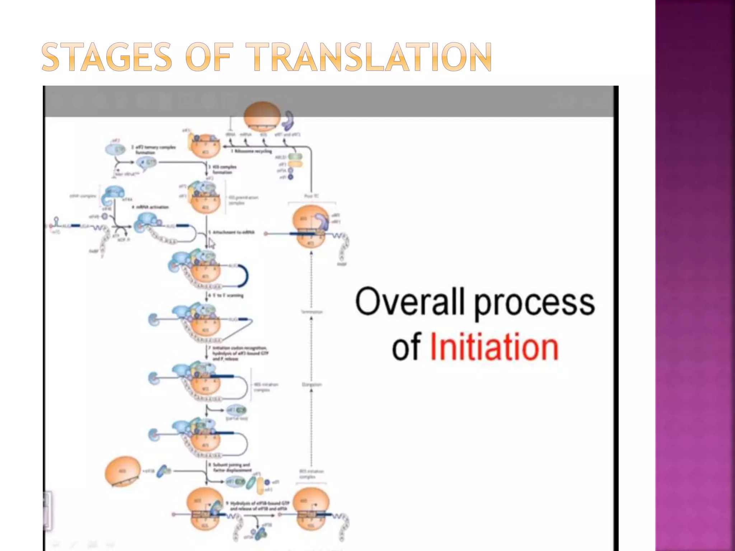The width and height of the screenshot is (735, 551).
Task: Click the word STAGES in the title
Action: pyautogui.click(x=107, y=57)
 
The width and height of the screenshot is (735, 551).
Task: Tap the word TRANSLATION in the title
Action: pyautogui.click(x=370, y=57)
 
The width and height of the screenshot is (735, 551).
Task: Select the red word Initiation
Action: pyautogui.click(x=494, y=347)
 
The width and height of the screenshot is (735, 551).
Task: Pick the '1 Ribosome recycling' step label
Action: pyautogui.click(x=251, y=151)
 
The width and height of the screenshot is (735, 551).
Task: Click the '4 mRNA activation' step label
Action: pyautogui.click(x=150, y=207)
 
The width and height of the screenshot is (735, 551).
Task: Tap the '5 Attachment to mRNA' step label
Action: pyautogui.click(x=233, y=232)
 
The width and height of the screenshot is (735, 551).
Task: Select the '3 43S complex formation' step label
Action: pyautogui.click(x=223, y=169)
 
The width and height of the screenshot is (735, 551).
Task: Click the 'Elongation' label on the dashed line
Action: pyautogui.click(x=312, y=385)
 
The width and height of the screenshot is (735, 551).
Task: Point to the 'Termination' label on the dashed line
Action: pyautogui.click(x=312, y=312)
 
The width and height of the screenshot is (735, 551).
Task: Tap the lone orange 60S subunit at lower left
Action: pyautogui.click(x=123, y=471)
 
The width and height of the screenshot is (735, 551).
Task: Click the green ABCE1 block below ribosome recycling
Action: pyautogui.click(x=295, y=157)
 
